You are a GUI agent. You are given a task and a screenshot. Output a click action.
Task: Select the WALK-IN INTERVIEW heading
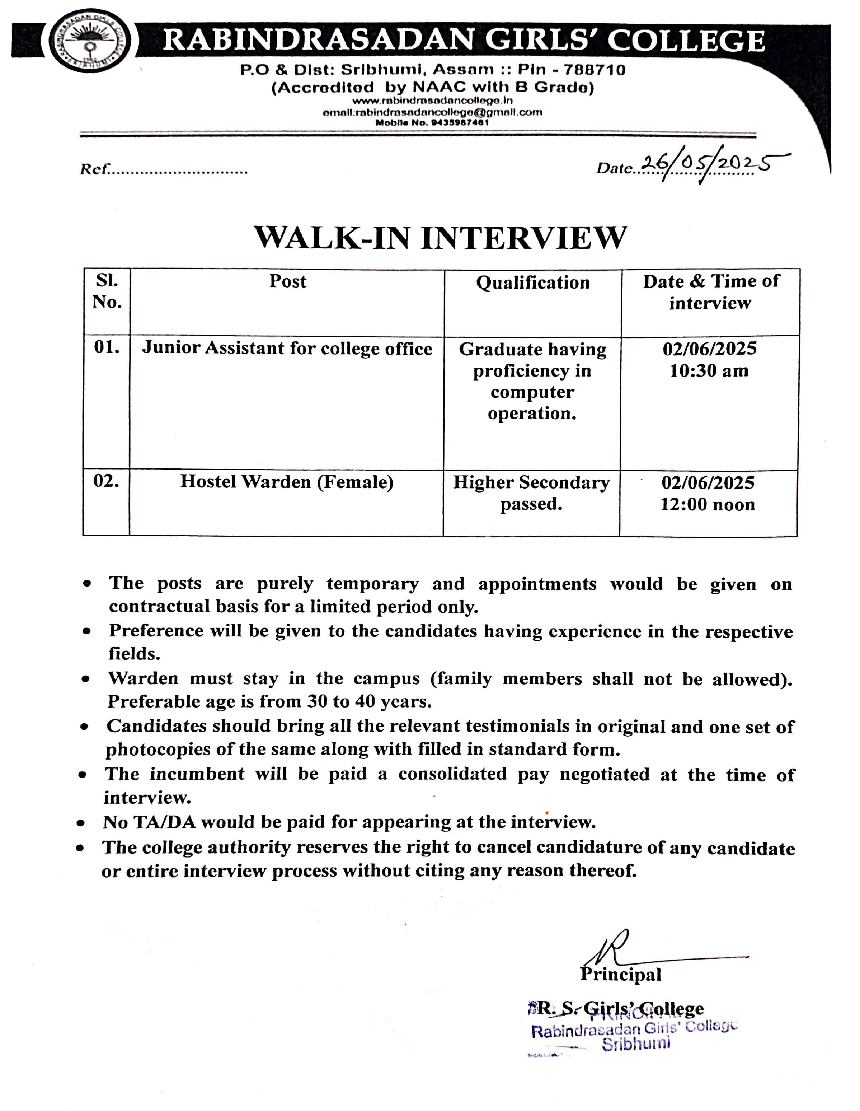point(441,238)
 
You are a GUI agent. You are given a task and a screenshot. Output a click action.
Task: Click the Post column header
point(287,282)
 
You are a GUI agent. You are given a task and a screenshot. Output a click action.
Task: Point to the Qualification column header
point(532,283)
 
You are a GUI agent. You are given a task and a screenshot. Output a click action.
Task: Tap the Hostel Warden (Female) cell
point(287,482)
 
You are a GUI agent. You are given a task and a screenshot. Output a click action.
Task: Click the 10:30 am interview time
point(709,371)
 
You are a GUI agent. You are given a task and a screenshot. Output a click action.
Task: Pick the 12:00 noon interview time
point(708,505)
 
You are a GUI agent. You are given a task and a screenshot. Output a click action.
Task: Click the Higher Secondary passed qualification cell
point(531,493)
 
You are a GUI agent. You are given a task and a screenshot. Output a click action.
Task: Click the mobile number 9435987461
point(460,123)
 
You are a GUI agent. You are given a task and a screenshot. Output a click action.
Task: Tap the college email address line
point(432,112)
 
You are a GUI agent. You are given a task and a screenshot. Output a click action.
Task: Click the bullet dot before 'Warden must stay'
point(86,680)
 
